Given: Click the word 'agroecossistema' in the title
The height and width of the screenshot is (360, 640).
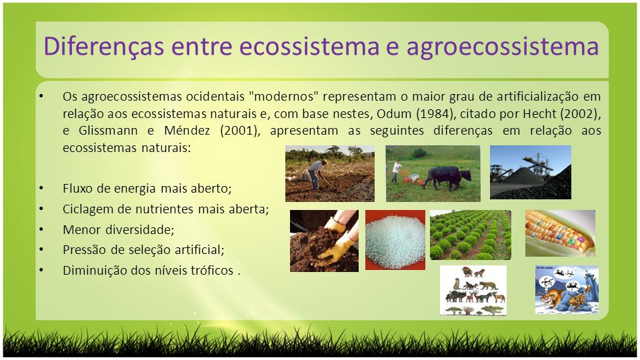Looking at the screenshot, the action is (502, 47).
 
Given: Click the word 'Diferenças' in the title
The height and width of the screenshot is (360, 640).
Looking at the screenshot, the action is (104, 46).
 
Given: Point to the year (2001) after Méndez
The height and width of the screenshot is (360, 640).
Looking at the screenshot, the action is (239, 131).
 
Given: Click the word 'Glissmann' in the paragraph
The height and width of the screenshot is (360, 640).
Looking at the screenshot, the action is (109, 131).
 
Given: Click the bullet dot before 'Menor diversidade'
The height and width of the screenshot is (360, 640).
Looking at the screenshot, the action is (41, 229).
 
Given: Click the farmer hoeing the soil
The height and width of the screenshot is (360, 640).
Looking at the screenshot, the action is (316, 174).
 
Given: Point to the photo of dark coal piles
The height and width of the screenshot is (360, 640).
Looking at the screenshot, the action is (530, 172).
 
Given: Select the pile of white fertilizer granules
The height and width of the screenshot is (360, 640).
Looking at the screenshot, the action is (395, 240).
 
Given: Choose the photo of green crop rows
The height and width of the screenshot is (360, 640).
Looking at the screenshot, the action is (470, 235).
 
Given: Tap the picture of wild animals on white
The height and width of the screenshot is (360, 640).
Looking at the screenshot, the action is (473, 290).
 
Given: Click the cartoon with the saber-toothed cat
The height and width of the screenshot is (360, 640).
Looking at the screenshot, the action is (567, 290).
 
